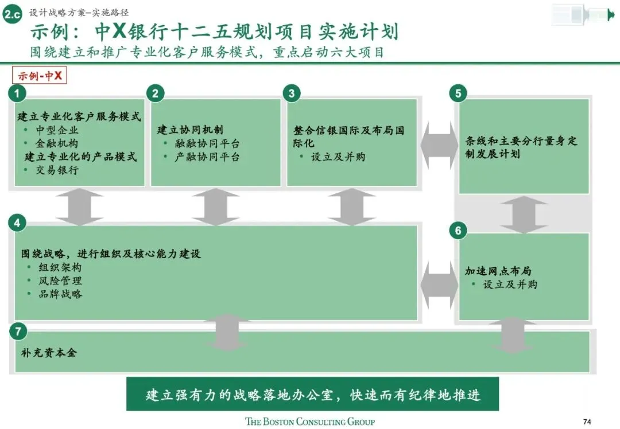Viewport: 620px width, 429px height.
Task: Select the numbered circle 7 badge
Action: click(x=18, y=331)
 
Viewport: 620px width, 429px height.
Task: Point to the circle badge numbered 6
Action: click(x=458, y=231)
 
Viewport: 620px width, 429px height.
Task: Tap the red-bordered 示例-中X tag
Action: click(x=40, y=76)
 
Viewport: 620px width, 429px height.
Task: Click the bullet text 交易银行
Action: click(x=57, y=170)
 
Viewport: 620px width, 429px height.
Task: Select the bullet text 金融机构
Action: click(x=57, y=143)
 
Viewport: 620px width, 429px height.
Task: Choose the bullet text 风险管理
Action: click(x=60, y=281)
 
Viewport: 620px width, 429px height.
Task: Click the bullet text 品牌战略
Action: click(x=60, y=294)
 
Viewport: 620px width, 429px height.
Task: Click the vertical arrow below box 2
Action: click(x=215, y=206)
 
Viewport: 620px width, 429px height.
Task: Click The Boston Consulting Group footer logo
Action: click(x=310, y=422)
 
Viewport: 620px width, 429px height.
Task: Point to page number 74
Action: click(x=586, y=421)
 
